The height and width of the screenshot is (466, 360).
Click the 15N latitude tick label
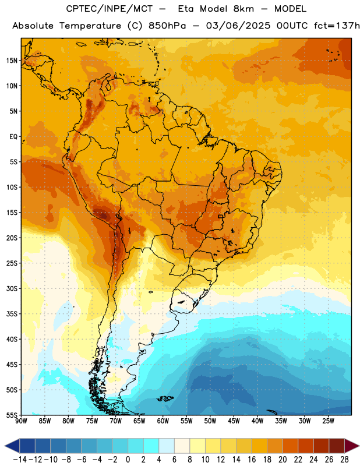pos(12,61)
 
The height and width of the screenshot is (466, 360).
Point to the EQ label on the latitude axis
pos(13,137)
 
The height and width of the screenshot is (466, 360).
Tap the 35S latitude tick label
pos(12,314)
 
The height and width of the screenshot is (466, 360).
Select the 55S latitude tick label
pos(12,415)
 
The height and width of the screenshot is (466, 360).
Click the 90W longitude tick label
pos(21,421)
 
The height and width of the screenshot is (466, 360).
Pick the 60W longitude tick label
pos(163,421)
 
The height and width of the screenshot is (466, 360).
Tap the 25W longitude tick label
pos(328,421)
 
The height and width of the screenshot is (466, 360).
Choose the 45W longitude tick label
pos(234,421)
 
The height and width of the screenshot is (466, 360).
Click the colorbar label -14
pos(20,460)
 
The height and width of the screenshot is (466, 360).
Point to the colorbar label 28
pos(344,460)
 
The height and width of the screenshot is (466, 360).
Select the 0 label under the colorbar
pos(128,460)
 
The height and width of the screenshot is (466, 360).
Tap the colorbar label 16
pos(252,460)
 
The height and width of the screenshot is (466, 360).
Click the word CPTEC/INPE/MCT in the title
pos(110,9)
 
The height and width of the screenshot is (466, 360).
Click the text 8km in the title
pos(243,9)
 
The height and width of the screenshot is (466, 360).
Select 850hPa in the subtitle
pos(167,26)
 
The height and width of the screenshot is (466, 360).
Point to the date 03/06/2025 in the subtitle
pos(238,26)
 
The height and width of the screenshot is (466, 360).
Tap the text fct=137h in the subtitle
pos(337,26)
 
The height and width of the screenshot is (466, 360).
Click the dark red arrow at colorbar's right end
pos(352,446)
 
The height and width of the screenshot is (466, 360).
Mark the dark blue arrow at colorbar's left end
pos(12,446)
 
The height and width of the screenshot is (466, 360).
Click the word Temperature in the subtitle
pos(90,26)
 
